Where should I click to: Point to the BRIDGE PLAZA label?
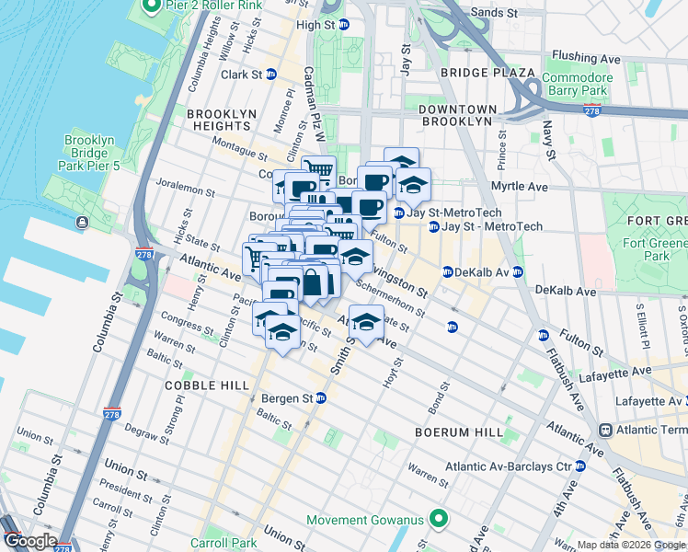[487, 73]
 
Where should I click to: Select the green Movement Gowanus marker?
[440, 521]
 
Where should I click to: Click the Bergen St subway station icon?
[321, 398]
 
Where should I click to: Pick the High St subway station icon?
[343, 25]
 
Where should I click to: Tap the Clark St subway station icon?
[271, 75]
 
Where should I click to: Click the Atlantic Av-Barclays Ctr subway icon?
[580, 466]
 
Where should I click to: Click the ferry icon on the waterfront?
[84, 222]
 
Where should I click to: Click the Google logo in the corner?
[30, 541]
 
